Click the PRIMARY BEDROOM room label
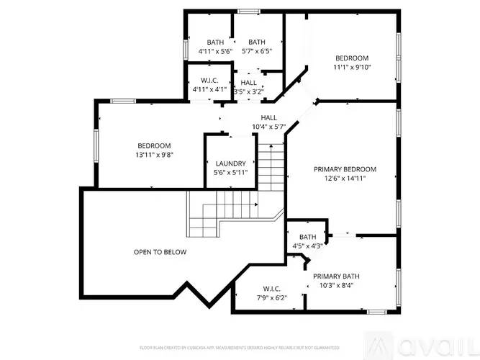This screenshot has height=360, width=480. [345, 169]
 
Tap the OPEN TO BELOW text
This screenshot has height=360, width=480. [160, 252]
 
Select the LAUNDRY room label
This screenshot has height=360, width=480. [230, 163]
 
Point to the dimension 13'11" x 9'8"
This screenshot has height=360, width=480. [154, 155]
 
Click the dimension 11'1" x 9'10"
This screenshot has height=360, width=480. [352, 68]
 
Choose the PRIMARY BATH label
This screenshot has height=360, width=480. [336, 276]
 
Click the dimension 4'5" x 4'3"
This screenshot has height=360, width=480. [307, 246]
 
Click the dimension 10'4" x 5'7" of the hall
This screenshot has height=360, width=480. [268, 127]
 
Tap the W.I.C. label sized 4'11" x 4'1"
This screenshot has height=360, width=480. [210, 81]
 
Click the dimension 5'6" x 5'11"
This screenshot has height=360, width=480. [230, 173]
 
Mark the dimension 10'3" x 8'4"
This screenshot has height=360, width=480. [336, 285]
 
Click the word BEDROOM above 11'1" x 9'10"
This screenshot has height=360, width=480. [352, 58]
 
